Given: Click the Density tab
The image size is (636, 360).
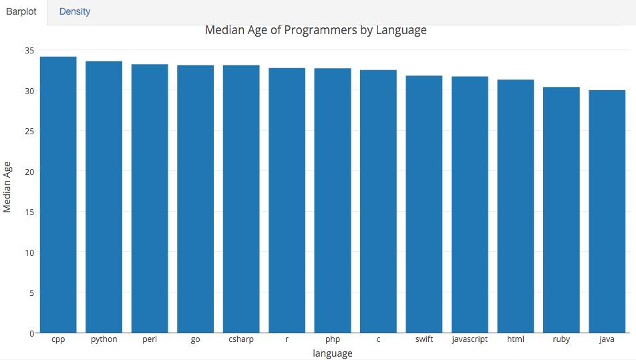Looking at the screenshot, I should [75, 11].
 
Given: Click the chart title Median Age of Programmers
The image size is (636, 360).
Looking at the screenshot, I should [315, 30].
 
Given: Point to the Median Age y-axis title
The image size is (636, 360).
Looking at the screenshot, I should [7, 186].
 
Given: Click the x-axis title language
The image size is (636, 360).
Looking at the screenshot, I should [332, 353].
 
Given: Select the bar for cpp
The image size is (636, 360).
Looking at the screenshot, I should [58, 194].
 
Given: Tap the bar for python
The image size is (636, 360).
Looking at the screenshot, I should [104, 196].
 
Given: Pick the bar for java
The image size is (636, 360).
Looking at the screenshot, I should [607, 211].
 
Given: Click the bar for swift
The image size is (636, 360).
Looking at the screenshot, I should [424, 204].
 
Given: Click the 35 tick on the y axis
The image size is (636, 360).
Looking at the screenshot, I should [29, 50].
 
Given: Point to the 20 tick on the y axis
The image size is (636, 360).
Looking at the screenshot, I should [29, 172].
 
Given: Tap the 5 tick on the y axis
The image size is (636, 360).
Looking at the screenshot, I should [31, 293].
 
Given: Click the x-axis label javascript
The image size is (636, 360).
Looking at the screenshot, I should [470, 339].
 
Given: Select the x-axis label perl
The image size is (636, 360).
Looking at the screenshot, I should [150, 339].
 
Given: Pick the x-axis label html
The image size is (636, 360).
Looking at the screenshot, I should [515, 339].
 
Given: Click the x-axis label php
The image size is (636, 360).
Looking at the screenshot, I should [333, 339].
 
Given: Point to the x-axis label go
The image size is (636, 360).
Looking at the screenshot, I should [195, 339].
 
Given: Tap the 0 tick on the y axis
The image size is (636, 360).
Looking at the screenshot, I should [31, 333].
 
